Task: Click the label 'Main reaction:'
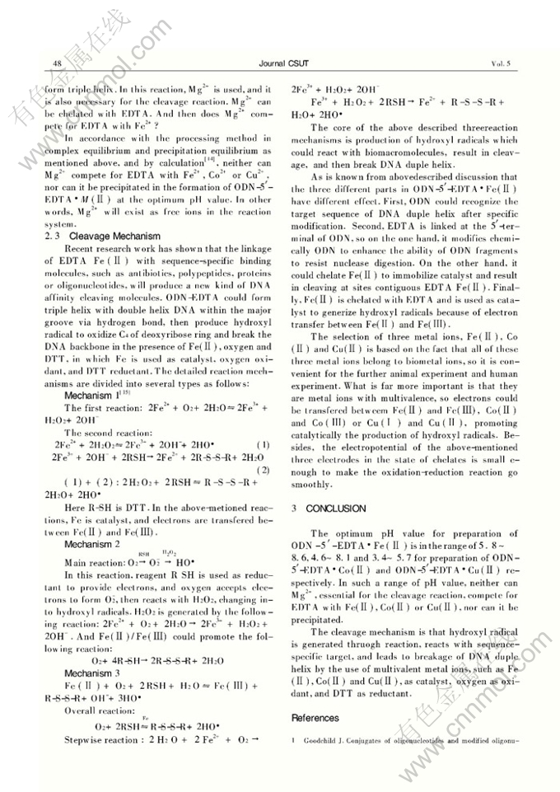[x=91, y=562]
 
